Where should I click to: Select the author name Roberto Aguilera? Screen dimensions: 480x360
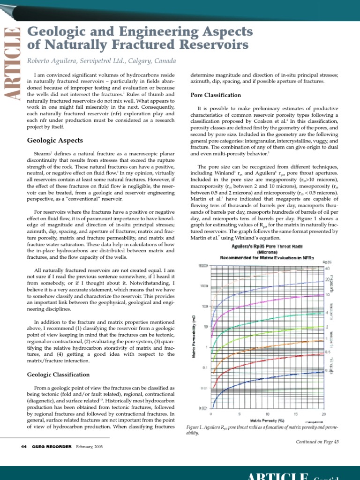pyautogui.click(x=55, y=61)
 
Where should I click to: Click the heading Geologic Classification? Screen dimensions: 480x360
pyautogui.click(x=58, y=375)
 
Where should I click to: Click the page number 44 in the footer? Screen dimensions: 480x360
pyautogui.click(x=24, y=447)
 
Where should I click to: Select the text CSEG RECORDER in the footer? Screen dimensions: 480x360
pyautogui.click(x=52, y=447)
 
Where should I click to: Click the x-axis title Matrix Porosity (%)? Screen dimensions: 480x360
pyautogui.click(x=267, y=420)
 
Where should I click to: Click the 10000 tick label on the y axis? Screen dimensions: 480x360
pyautogui.click(x=202, y=266)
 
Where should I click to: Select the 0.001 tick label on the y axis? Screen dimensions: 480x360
pyautogui.click(x=203, y=409)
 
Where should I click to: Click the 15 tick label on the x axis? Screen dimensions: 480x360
pyautogui.click(x=296, y=414)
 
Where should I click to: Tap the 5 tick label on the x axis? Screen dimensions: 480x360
pyautogui.click(x=239, y=414)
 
